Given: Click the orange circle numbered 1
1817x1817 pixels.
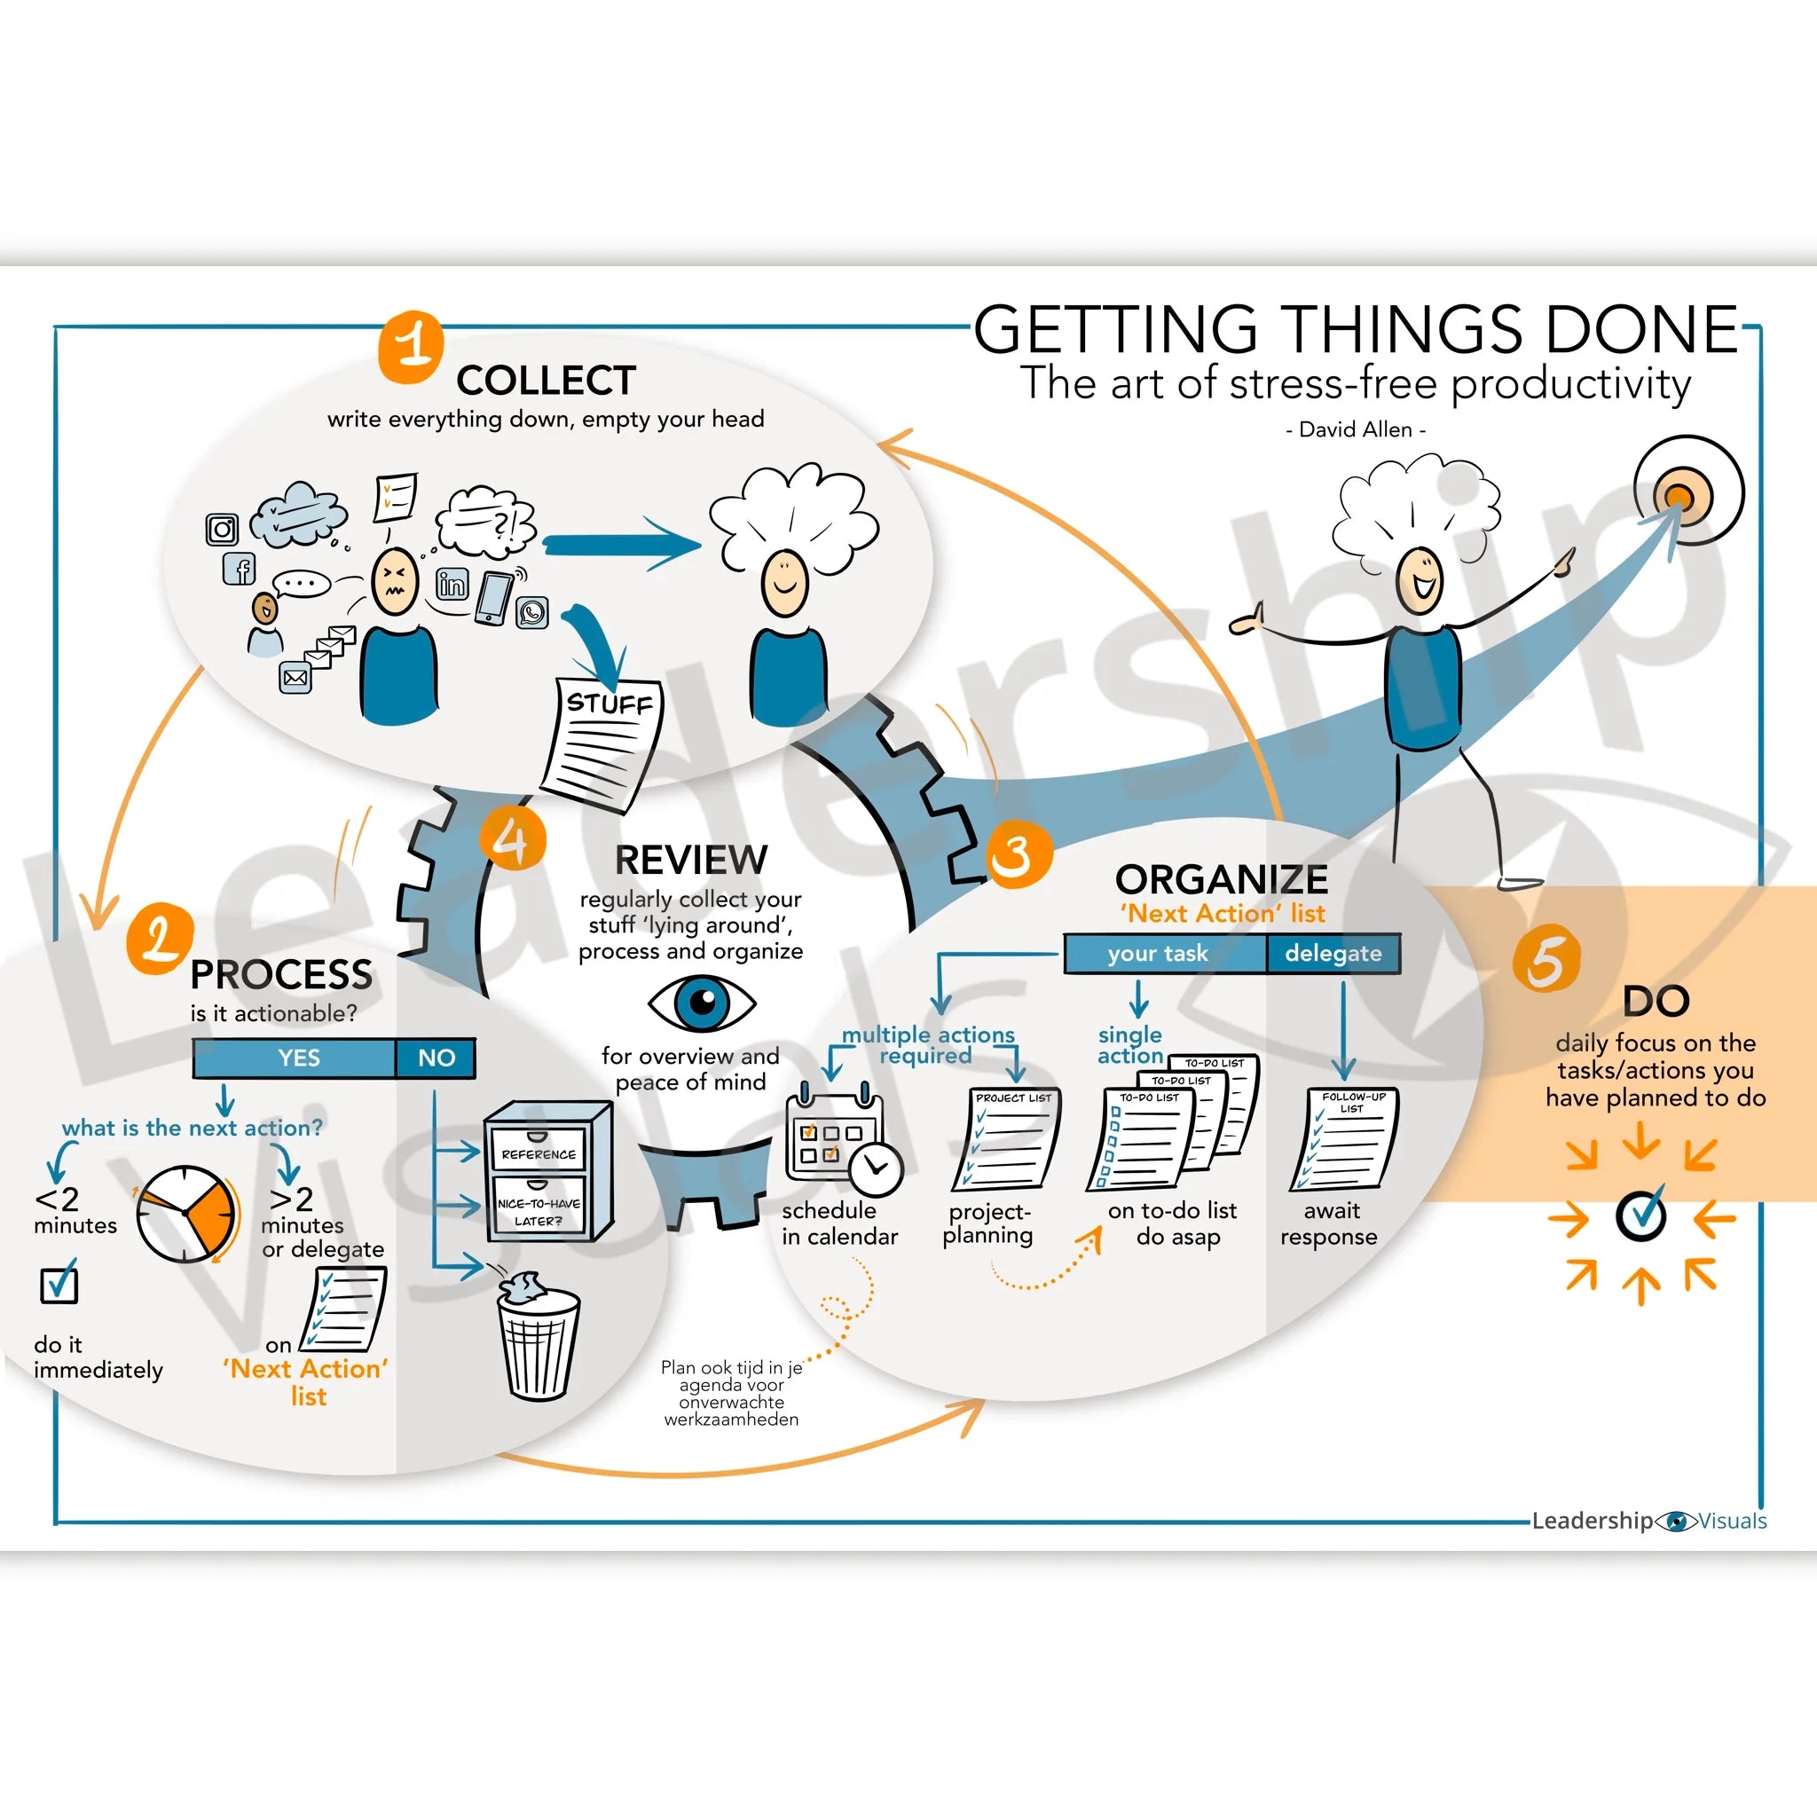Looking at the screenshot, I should tap(411, 346).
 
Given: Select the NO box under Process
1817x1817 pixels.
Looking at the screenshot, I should tap(436, 1058).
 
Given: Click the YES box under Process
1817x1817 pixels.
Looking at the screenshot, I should tap(297, 1058).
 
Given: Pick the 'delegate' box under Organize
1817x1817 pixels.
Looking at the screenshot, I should tap(1333, 953).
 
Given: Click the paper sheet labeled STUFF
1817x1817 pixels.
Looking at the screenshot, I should tap(602, 743).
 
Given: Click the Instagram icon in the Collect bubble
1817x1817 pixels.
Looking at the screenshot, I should tap(222, 530).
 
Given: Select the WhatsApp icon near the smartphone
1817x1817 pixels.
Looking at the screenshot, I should tap(532, 613).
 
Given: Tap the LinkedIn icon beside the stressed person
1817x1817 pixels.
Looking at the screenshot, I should tap(452, 584).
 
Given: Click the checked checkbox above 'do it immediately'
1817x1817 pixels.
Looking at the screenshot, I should tap(59, 1284).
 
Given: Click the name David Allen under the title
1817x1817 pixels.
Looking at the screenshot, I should tap(1356, 429).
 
